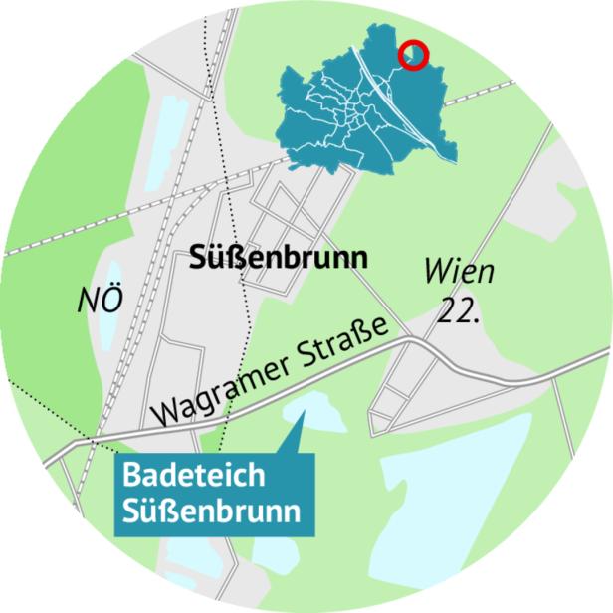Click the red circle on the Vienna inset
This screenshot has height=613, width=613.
point(413,56)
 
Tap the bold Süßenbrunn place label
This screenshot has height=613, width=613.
point(278,259)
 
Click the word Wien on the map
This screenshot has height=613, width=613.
point(459,271)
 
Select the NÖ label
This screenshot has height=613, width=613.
point(100,300)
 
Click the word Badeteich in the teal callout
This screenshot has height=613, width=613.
point(180,476)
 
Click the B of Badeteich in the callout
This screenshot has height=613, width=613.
point(130,476)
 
